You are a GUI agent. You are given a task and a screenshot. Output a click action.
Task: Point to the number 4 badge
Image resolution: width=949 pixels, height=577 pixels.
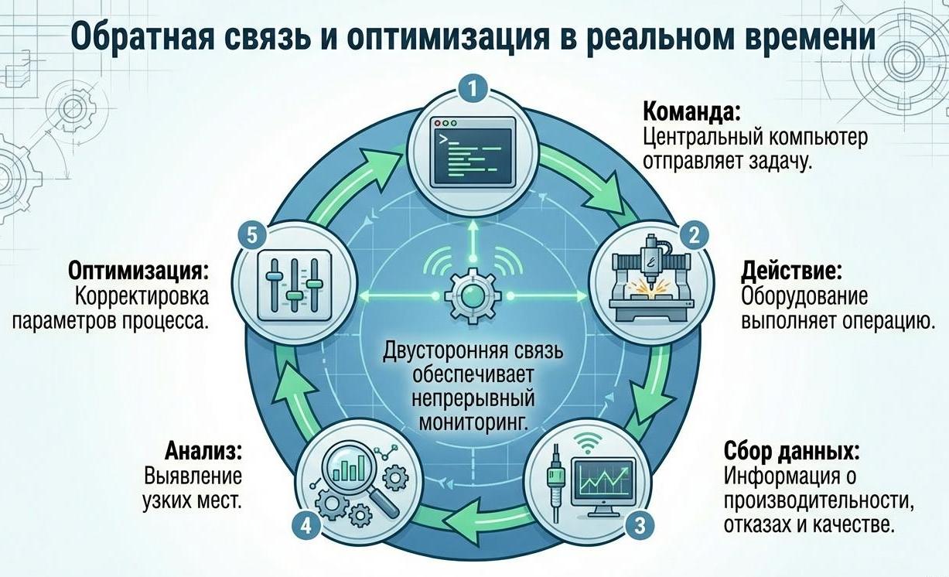click(x=306, y=526)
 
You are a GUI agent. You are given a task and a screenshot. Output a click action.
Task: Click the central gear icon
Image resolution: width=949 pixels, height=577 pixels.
click(x=472, y=295)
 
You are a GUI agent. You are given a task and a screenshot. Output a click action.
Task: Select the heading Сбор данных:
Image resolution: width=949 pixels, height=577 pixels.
click(x=792, y=450)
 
